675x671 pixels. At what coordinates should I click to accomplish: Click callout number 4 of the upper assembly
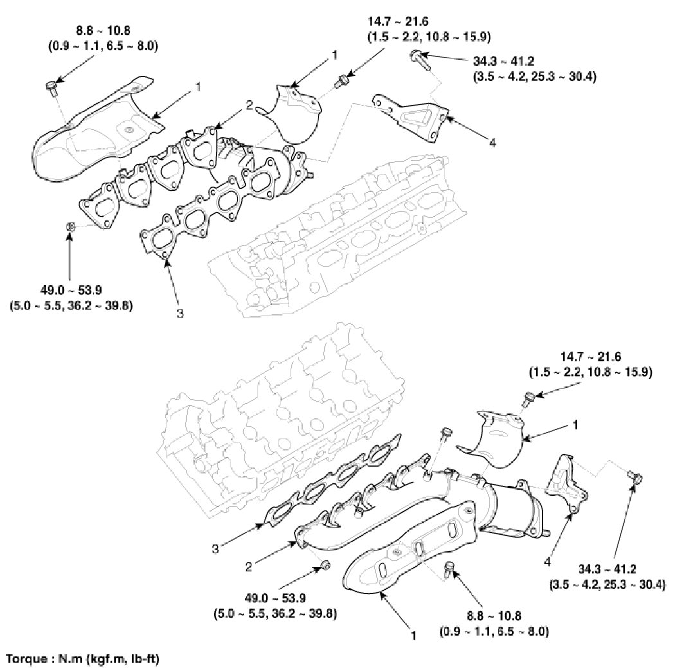tap(492, 143)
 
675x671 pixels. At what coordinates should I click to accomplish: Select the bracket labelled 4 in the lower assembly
tap(567, 483)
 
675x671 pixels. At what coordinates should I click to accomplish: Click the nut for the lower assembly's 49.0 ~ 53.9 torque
tap(325, 566)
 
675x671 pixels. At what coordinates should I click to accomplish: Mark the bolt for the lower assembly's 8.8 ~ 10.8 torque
tap(449, 568)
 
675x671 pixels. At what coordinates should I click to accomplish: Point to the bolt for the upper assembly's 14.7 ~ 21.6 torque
tap(342, 80)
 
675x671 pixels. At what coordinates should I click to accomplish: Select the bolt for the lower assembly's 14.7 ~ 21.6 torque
tap(526, 399)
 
